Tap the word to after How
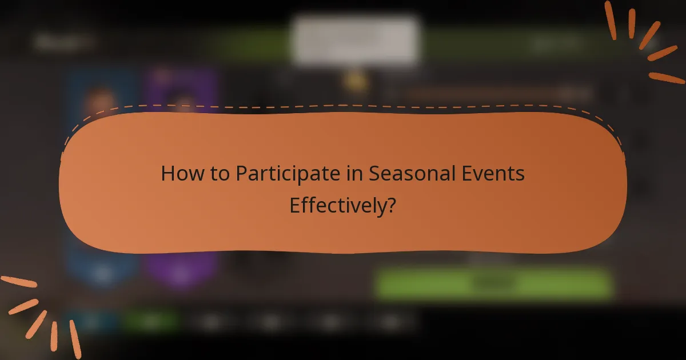pos(218,173)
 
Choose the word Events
pos(495,173)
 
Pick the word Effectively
pos(336,205)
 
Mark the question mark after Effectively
pos(390,205)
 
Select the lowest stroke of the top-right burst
pos(667,77)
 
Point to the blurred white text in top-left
pos(63,42)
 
